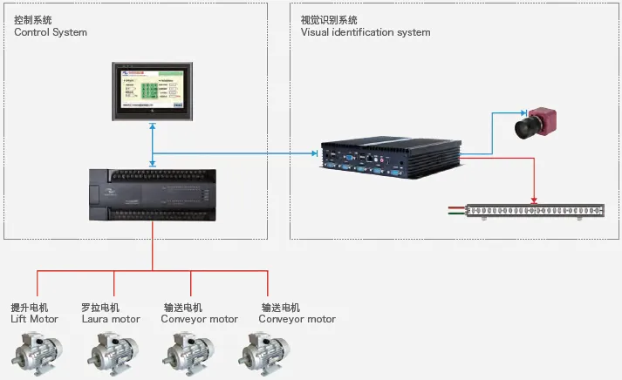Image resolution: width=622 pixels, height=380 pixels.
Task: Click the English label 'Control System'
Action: [x=51, y=32]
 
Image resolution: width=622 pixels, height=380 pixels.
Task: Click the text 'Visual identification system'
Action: [x=366, y=32]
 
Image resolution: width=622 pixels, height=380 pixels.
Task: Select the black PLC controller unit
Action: [x=154, y=193]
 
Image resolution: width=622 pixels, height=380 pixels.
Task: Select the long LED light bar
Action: [x=535, y=210]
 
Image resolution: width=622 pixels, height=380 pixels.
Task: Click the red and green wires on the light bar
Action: [x=456, y=210]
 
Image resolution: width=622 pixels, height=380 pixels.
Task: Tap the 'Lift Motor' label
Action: [x=34, y=319]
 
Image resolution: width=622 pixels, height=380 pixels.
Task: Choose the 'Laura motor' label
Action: [x=111, y=319]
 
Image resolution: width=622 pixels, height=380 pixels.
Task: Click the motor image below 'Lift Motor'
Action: [x=35, y=352]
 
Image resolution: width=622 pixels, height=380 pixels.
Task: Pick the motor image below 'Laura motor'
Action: [x=112, y=352]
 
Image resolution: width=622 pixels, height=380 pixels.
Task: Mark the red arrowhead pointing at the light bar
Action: [x=534, y=200]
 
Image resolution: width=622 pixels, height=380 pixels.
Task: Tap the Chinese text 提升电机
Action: [x=30, y=308]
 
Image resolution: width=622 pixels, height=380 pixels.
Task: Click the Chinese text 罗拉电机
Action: [x=100, y=308]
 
